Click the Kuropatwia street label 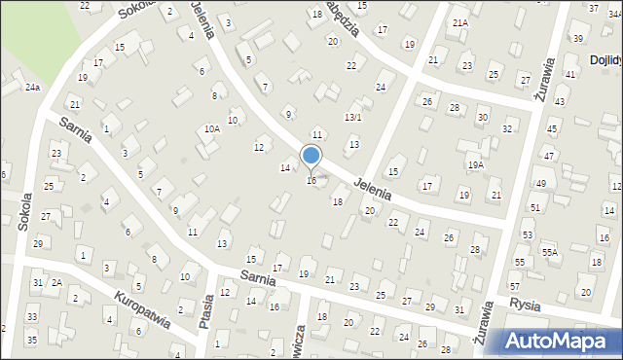(142, 309)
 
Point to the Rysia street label (524, 303)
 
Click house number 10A (211, 128)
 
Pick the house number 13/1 (353, 117)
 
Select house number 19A (475, 165)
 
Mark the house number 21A (460, 21)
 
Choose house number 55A (550, 252)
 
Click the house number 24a (32, 88)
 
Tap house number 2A (56, 282)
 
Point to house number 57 (514, 287)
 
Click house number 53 (528, 234)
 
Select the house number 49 (540, 183)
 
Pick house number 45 (551, 129)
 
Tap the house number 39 (578, 38)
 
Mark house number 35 (31, 340)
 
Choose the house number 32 (507, 128)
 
